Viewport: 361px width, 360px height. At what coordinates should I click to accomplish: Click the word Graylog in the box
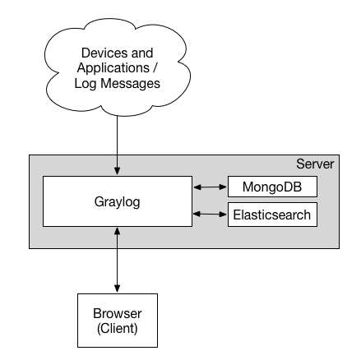click(x=117, y=201)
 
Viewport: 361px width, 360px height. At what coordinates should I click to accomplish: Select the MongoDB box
click(x=271, y=187)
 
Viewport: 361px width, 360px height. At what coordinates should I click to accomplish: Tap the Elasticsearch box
click(x=271, y=215)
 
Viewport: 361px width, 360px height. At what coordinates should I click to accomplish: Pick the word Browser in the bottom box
click(x=117, y=314)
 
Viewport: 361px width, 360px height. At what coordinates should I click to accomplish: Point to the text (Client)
click(x=117, y=328)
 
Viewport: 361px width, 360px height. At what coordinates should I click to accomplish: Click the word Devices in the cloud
click(x=98, y=53)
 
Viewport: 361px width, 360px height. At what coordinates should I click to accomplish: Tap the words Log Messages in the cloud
click(x=117, y=83)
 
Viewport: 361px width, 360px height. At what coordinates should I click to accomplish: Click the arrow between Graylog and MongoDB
click(x=209, y=187)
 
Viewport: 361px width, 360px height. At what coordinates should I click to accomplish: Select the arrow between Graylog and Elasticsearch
click(x=209, y=215)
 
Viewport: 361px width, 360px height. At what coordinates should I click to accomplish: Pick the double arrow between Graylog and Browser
click(x=117, y=260)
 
